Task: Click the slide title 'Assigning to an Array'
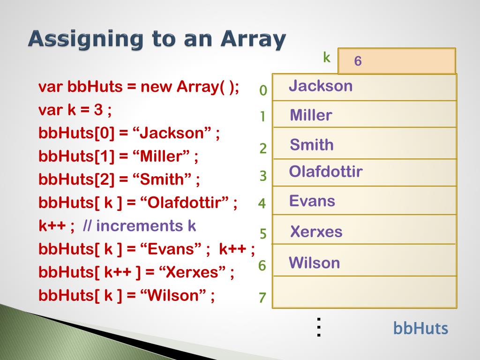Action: tap(157, 39)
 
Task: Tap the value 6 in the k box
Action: tap(358, 61)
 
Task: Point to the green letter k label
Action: tap(327, 58)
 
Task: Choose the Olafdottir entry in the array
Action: tap(326, 172)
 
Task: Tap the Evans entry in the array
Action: tap(312, 201)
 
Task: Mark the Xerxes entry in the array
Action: tap(316, 232)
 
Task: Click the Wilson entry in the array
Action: tap(315, 262)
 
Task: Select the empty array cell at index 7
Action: tap(364, 292)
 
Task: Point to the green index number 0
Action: tap(263, 90)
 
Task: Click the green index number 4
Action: tap(262, 204)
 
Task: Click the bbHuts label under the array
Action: tap(420, 329)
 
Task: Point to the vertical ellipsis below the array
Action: tap(319, 327)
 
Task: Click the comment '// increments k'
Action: tap(139, 226)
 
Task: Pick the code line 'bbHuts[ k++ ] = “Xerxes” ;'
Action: tap(136, 272)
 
